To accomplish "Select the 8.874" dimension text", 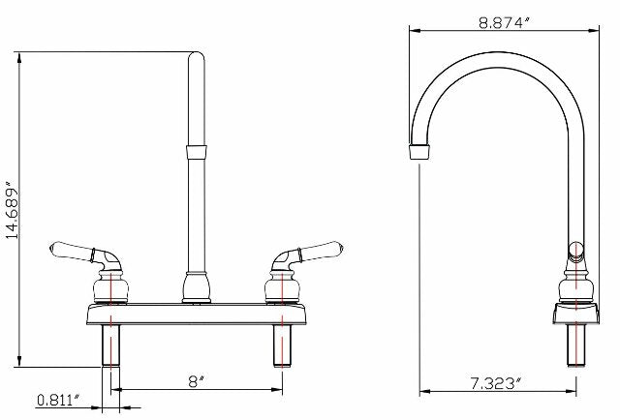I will [x=504, y=23].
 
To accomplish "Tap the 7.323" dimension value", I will [x=493, y=384].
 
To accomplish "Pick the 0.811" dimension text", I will [x=57, y=399].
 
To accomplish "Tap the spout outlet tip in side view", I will [x=418, y=153].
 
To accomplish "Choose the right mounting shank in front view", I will [x=283, y=345].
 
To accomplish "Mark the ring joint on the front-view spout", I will [x=197, y=151].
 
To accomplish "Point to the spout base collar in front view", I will [x=197, y=287].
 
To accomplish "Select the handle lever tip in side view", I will [x=574, y=250].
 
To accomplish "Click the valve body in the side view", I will [x=576, y=288].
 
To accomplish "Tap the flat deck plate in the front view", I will [x=197, y=315].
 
